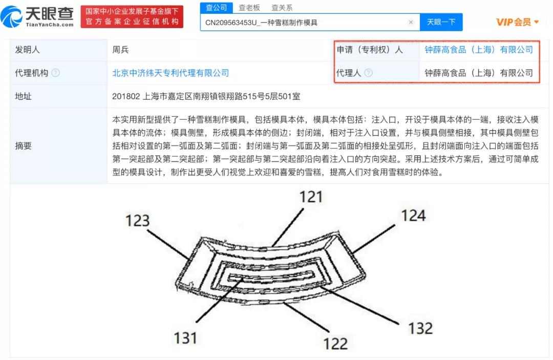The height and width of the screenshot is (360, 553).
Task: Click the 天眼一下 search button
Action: click(441, 22)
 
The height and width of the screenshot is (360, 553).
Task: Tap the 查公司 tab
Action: click(216, 8)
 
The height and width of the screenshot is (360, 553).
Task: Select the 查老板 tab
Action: click(249, 8)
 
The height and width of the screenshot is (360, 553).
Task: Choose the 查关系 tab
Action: click(282, 8)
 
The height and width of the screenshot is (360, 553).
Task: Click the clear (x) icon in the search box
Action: click(411, 23)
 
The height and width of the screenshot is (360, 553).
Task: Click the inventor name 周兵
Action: click(121, 50)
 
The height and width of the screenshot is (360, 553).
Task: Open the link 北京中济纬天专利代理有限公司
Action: click(171, 73)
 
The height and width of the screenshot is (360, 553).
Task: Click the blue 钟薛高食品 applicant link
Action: click(479, 50)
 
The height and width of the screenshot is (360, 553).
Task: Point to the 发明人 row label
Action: click(28, 50)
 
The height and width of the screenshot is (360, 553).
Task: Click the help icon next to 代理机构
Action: click(55, 73)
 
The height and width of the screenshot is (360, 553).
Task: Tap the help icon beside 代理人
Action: click(368, 73)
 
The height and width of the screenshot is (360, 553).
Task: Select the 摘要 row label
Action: click(24, 145)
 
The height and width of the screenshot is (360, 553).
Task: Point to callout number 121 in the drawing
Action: click(311, 197)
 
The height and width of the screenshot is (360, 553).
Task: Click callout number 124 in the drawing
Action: click(413, 215)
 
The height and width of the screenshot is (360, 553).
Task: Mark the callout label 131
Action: click(185, 337)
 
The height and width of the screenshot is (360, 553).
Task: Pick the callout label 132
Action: click(420, 328)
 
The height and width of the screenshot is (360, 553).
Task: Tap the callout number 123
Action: click(137, 221)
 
